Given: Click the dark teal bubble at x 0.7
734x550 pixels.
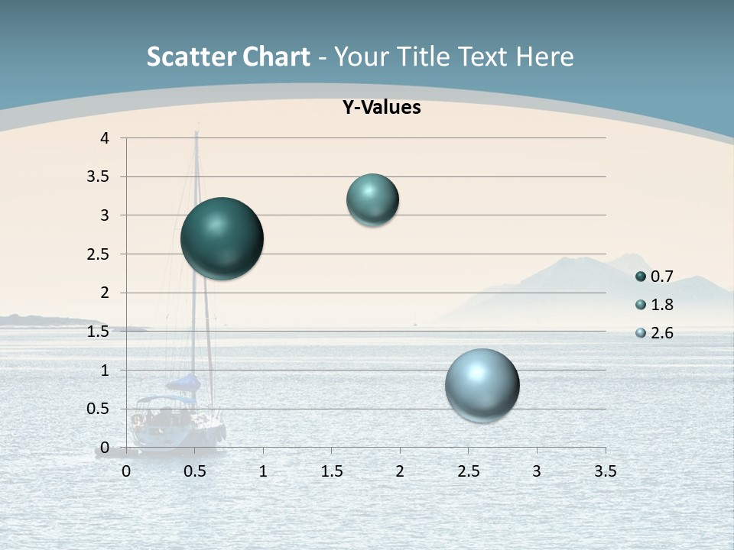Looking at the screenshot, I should coord(222,238).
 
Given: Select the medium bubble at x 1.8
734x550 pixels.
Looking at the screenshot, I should coord(372,200).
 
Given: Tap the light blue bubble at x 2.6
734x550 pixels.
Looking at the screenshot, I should coord(482,385).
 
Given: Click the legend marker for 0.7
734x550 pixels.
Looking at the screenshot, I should coord(641,277).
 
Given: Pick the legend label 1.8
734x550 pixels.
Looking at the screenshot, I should coord(661,305).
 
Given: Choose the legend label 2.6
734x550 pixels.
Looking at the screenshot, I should coord(661,333).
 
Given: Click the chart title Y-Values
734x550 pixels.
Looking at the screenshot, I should coord(382,108).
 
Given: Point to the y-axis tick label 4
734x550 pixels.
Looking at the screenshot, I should coord(104,138).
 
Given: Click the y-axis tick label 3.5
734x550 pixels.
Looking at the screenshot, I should coord(98,177).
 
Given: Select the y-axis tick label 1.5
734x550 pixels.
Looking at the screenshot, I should coord(98,332).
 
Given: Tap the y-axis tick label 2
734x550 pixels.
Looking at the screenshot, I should coord(105,293).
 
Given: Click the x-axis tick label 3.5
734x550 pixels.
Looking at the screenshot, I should coord(605,471).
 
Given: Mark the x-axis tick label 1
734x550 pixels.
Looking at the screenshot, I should coord(263,471).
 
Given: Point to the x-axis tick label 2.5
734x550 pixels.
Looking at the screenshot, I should coord(468,471).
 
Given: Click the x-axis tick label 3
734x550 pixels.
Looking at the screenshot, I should coord(537,471).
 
